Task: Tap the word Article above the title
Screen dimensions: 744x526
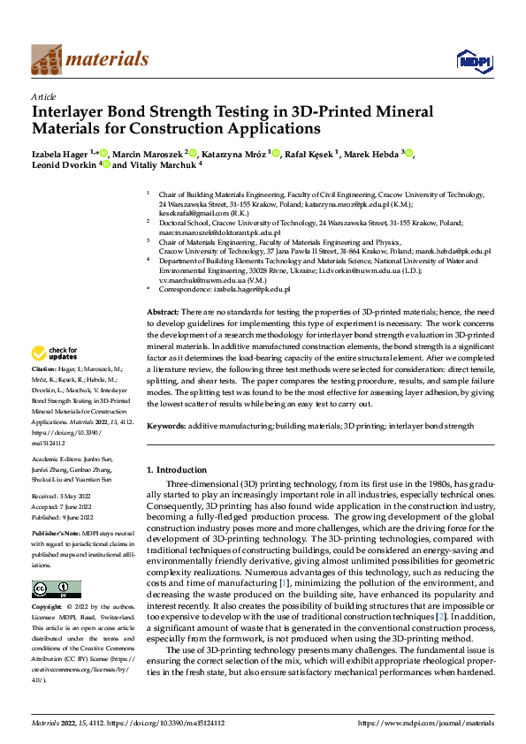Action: coord(43,96)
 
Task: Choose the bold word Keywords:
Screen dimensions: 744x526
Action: coord(166,426)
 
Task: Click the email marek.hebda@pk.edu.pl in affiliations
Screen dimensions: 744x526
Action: coord(451,251)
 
